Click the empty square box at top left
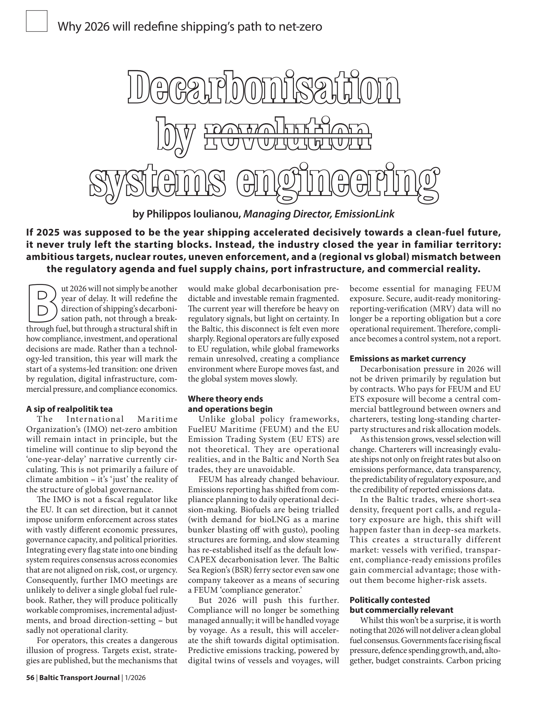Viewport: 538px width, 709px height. [37, 21]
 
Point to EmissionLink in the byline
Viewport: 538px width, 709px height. [364, 214]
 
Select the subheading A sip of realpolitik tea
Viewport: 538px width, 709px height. [69, 409]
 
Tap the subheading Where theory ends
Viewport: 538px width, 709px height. [225, 399]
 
